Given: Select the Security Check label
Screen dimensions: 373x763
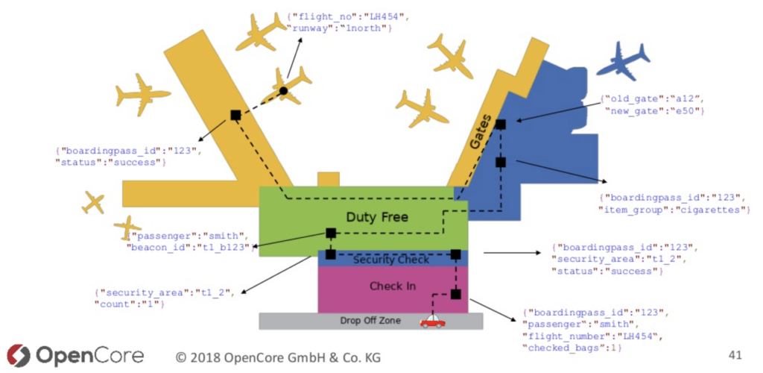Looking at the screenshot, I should tap(390, 260).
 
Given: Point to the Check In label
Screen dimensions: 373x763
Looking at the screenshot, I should tap(392, 286).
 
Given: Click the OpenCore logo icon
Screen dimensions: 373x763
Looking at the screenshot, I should tap(17, 356).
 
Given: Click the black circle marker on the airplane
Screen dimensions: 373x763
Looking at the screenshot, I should tap(283, 91).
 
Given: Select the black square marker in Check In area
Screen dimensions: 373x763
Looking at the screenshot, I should tap(455, 294).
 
